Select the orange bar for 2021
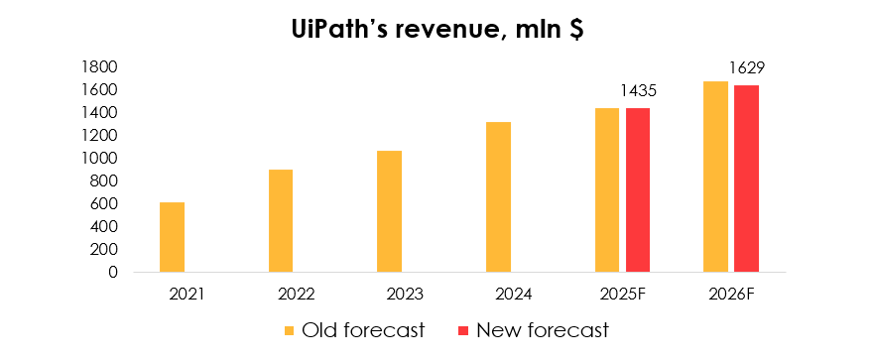point(172,237)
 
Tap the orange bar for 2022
point(281,220)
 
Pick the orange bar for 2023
point(390,211)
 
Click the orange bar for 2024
point(498,196)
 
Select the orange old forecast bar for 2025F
point(607,189)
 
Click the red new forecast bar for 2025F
point(638,189)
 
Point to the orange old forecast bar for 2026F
point(715,177)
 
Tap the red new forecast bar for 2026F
point(746,179)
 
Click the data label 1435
point(637,91)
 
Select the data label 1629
point(746,68)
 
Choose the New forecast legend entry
point(531,329)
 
